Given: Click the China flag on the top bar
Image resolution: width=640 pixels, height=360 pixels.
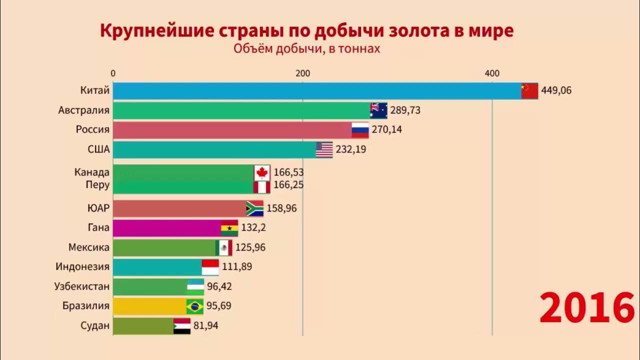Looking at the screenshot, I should pyautogui.click(x=529, y=91).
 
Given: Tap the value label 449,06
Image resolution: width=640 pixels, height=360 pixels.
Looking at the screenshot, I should pyautogui.click(x=556, y=90).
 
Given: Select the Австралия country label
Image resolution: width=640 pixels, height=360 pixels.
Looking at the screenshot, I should pyautogui.click(x=83, y=110).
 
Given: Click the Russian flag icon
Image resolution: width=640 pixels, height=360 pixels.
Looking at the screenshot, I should pyautogui.click(x=360, y=130).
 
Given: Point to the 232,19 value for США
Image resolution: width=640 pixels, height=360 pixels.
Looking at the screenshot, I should pyautogui.click(x=351, y=149).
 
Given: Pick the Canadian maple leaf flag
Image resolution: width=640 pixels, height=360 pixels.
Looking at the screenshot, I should pyautogui.click(x=262, y=172).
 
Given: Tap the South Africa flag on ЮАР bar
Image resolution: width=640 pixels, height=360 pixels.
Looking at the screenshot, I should pyautogui.click(x=254, y=208).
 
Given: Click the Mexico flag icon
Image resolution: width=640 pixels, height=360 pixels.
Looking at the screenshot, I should pyautogui.click(x=223, y=247).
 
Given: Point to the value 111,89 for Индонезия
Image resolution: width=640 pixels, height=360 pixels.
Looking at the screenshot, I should pyautogui.click(x=237, y=266).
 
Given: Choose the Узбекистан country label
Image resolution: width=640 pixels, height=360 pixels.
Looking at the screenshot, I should pyautogui.click(x=81, y=286).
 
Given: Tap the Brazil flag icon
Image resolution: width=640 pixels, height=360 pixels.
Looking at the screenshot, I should pyautogui.click(x=194, y=306).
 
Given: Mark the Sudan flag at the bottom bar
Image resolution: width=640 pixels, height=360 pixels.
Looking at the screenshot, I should pyautogui.click(x=181, y=326).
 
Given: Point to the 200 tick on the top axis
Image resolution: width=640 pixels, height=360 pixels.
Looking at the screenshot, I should pyautogui.click(x=302, y=73).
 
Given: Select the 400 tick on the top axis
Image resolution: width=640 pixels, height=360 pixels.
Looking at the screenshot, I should pyautogui.click(x=492, y=73).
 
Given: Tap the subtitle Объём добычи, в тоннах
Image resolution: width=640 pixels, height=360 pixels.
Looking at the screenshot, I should pyautogui.click(x=306, y=48).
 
